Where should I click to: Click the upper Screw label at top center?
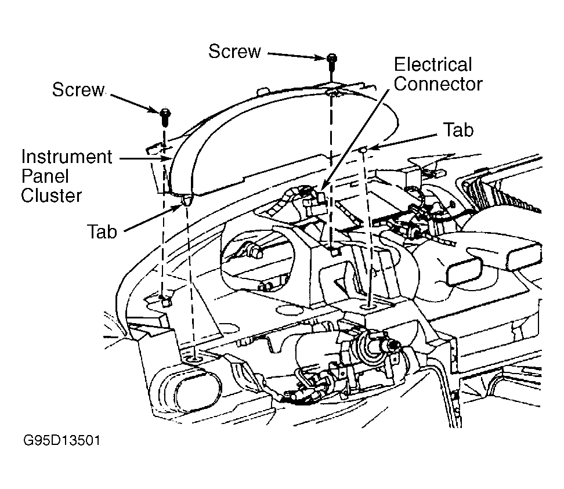[234, 52]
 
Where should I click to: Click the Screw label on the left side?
[78, 89]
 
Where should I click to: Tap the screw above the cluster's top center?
[332, 64]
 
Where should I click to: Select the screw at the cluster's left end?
[165, 117]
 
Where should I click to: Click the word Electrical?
[433, 65]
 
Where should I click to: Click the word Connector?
[438, 84]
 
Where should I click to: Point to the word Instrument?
[67, 157]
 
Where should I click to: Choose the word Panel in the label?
[45, 176]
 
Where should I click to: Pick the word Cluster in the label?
[52, 196]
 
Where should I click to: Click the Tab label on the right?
[458, 130]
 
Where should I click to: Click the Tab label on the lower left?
[102, 231]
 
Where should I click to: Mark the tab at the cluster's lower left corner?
[186, 200]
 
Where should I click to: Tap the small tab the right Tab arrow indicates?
[364, 149]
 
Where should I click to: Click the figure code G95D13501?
[62, 440]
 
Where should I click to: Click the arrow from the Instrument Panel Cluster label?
[145, 158]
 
